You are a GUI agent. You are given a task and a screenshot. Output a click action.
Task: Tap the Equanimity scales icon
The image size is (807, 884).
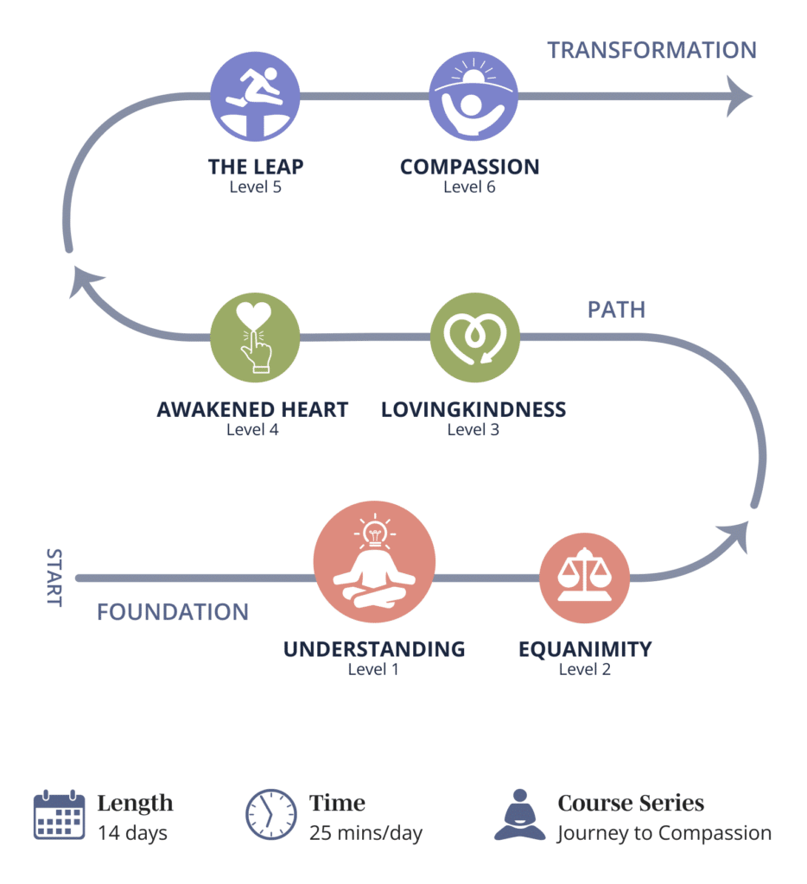click(584, 578)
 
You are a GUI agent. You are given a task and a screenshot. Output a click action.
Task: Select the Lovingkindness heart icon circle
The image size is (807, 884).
click(473, 337)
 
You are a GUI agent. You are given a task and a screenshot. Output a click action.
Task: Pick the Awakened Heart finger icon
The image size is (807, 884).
click(255, 337)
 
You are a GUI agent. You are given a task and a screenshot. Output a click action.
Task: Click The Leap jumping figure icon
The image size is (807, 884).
click(255, 96)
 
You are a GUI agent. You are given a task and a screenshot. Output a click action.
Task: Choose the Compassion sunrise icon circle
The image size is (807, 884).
click(473, 96)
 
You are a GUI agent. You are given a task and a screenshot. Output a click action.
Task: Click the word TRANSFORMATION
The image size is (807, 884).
click(651, 50)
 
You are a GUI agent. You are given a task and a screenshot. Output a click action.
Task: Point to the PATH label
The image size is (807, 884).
click(616, 310)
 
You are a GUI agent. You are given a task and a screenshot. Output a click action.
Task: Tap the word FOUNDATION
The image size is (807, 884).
click(173, 612)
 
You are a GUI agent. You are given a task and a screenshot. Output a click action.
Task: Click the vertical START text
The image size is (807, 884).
click(54, 578)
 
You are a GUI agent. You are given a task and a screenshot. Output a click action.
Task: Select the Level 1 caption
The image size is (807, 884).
click(373, 669)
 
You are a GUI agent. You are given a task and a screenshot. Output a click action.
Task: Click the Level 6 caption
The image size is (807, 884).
click(469, 186)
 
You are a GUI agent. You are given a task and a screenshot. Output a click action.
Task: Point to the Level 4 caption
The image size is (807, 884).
click(252, 429)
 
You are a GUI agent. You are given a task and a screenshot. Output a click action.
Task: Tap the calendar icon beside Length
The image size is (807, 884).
click(59, 815)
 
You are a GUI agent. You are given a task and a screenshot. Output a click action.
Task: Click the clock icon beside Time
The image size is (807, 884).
click(271, 814)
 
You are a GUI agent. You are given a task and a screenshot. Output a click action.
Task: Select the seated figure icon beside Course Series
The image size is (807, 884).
click(520, 815)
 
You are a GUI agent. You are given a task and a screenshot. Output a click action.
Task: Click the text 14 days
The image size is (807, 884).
click(132, 833)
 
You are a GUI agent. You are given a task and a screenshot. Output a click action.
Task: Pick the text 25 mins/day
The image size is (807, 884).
click(365, 833)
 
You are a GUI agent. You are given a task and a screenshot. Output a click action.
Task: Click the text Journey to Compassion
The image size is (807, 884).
click(664, 833)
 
